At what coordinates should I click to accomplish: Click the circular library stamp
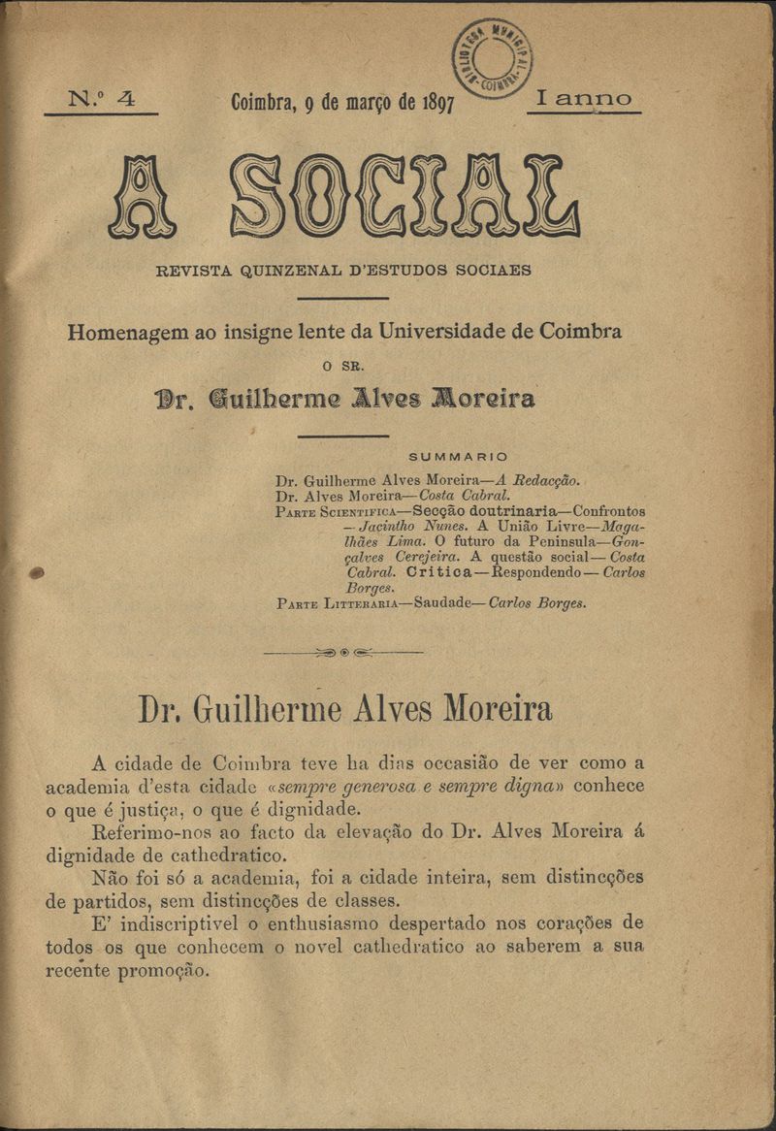tap(492, 58)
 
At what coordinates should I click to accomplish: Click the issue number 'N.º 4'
tap(101, 99)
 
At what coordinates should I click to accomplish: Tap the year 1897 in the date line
tap(438, 104)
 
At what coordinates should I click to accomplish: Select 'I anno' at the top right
tap(583, 99)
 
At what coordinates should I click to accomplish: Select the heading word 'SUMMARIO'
tap(458, 456)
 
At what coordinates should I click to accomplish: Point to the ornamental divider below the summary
tap(343, 652)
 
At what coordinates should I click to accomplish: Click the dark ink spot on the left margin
tap(37, 573)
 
